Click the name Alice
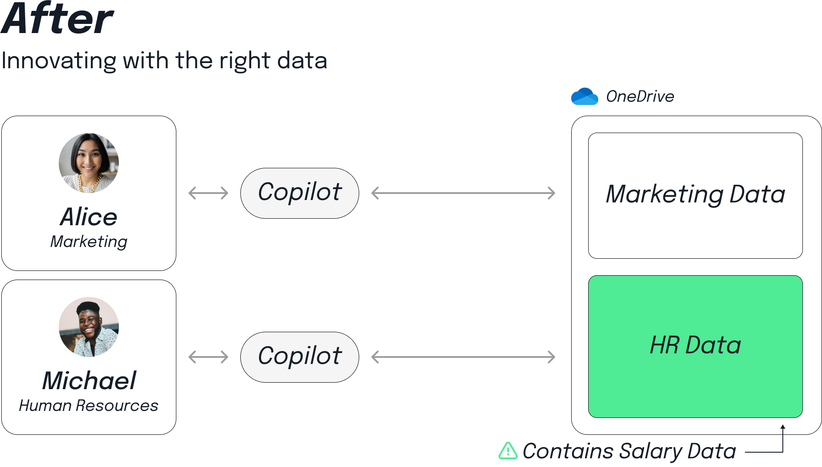click(89, 217)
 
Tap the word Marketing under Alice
click(89, 242)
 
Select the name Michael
click(89, 381)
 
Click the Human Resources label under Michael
click(89, 406)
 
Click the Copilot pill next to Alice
click(300, 193)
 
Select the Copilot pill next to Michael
click(300, 357)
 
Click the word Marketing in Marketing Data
click(664, 194)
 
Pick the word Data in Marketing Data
click(758, 194)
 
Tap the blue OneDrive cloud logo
click(589, 100)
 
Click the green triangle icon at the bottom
click(508, 451)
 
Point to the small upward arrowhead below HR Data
click(783, 427)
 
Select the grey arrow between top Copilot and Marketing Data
click(470, 205)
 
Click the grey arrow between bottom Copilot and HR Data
click(470, 370)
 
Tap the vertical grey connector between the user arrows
click(206, 278)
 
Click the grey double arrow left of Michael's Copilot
click(209, 361)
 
